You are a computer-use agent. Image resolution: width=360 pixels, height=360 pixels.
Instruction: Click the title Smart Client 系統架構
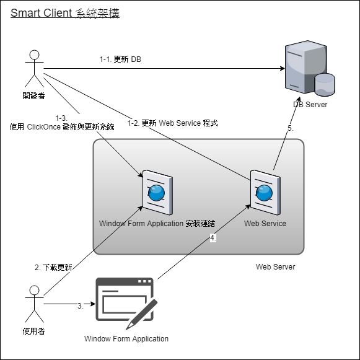click(x=65, y=13)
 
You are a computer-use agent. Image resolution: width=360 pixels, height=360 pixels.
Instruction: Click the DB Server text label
click(x=310, y=105)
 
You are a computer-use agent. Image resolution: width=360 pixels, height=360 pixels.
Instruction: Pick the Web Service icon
click(x=265, y=193)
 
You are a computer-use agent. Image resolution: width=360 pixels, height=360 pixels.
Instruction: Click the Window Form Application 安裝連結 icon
click(x=156, y=193)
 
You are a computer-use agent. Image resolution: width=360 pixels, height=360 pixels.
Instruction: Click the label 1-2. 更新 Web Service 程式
click(x=172, y=123)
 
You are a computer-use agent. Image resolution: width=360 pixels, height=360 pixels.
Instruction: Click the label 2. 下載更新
click(x=53, y=268)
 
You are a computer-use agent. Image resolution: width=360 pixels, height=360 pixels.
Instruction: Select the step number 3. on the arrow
click(x=80, y=305)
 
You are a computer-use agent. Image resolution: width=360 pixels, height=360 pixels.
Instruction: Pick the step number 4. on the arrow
click(x=213, y=238)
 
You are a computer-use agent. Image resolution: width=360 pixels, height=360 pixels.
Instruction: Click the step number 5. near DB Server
click(x=289, y=128)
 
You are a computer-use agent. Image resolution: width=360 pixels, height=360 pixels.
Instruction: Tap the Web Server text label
click(x=276, y=266)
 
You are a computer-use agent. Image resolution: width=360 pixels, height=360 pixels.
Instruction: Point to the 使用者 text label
click(x=33, y=331)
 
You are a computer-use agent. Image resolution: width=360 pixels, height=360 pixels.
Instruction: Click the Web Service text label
click(x=265, y=223)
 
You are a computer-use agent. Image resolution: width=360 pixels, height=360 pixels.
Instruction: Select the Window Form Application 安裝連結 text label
click(x=156, y=223)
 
